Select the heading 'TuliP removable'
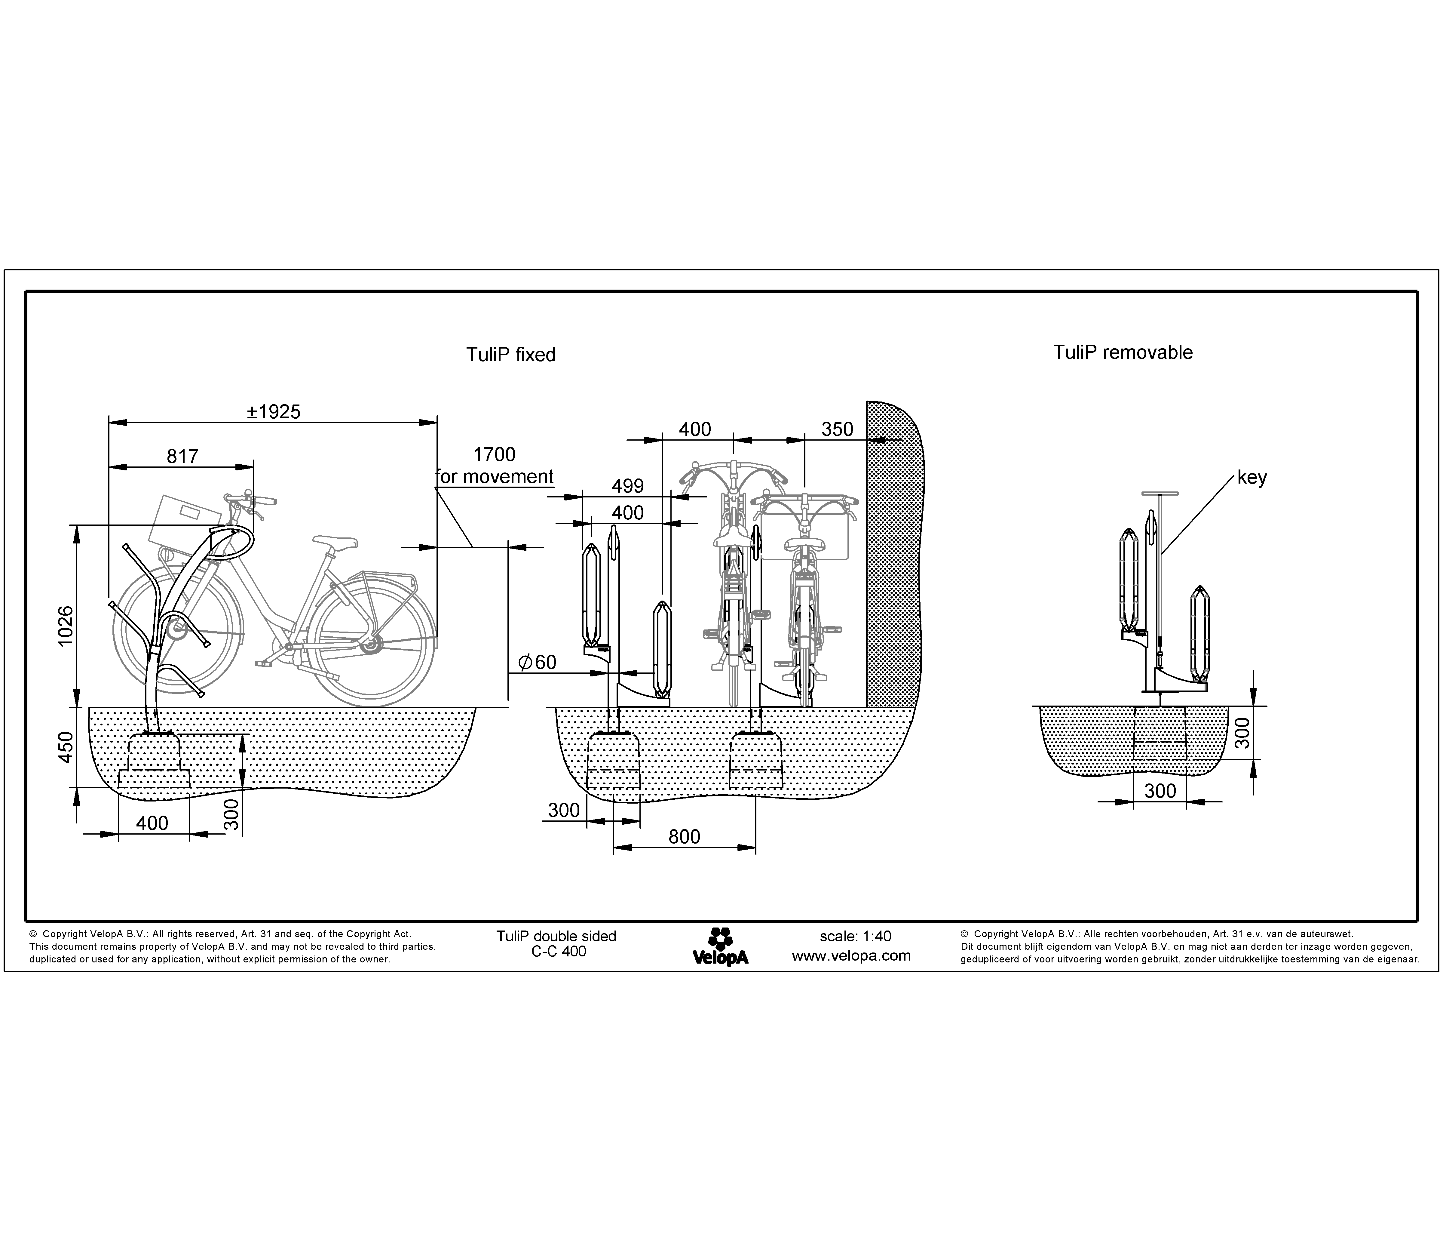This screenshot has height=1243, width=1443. pyautogui.click(x=1123, y=352)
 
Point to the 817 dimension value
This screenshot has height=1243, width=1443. pyautogui.click(x=182, y=456)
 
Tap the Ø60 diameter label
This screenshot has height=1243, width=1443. pyautogui.click(x=537, y=662)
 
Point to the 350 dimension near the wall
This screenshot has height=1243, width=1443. pyautogui.click(x=836, y=429)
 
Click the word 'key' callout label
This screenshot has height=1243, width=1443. pyautogui.click(x=1252, y=478)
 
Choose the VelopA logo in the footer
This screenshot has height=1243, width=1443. pyautogui.click(x=720, y=946)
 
